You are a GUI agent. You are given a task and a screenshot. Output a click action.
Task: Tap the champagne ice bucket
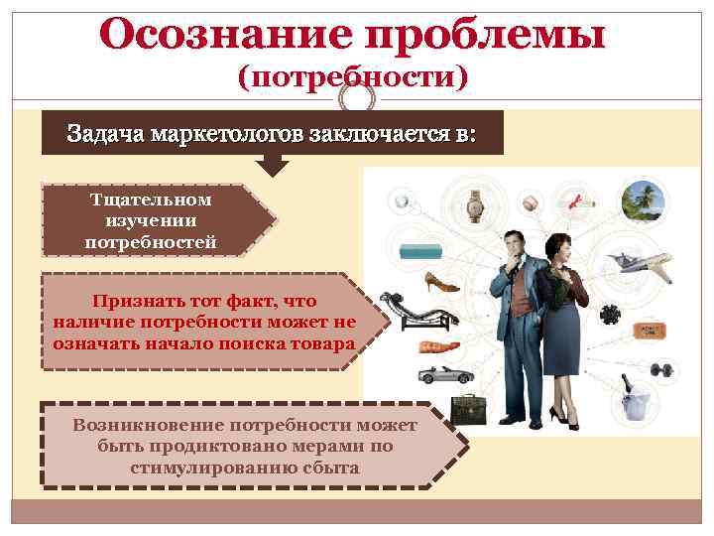[x=632, y=399]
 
